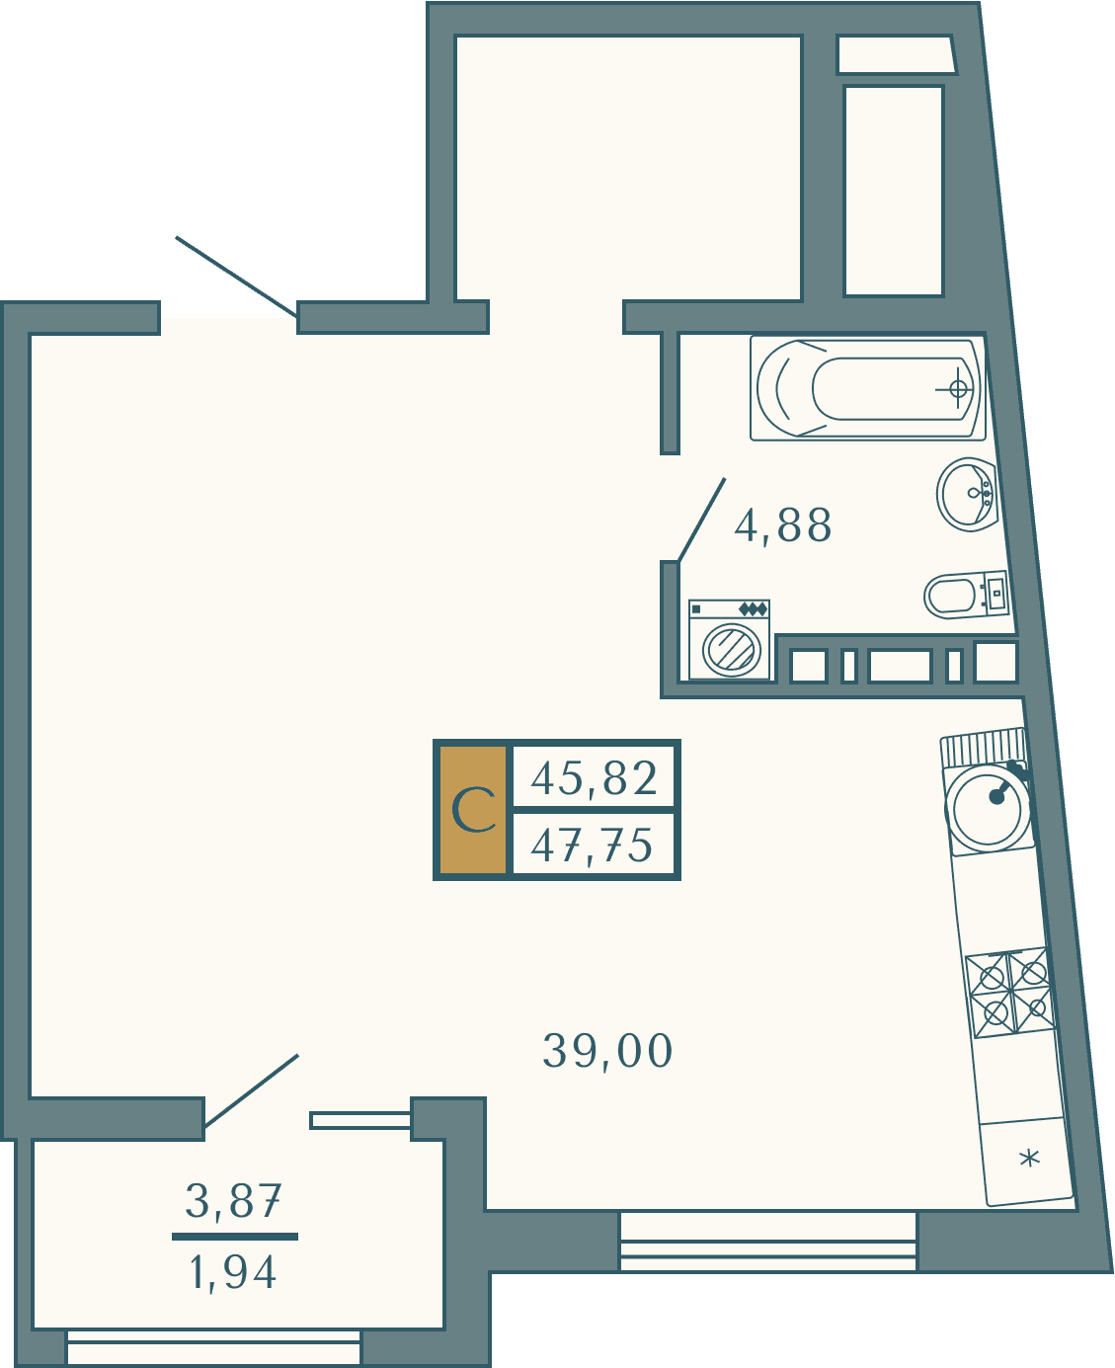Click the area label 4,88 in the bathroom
pyautogui.click(x=782, y=526)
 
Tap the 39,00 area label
pyautogui.click(x=607, y=1051)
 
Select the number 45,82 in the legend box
pyautogui.click(x=595, y=777)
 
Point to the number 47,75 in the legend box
pyautogui.click(x=592, y=845)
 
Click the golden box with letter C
pyautogui.click(x=473, y=810)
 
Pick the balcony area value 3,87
pyautogui.click(x=233, y=1201)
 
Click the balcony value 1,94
pyautogui.click(x=233, y=1272)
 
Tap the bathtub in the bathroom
pyautogui.click(x=868, y=388)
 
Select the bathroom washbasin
pyautogui.click(x=967, y=495)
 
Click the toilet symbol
pyautogui.click(x=966, y=595)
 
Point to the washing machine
pyautogui.click(x=729, y=640)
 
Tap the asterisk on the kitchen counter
pyautogui.click(x=1030, y=1158)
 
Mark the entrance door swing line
pyautogui.click(x=236, y=277)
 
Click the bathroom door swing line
pyautogui.click(x=702, y=520)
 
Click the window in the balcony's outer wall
pyautogui.click(x=213, y=1347)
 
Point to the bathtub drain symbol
pyautogui.click(x=958, y=388)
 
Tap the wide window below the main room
pyautogui.click(x=768, y=1242)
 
